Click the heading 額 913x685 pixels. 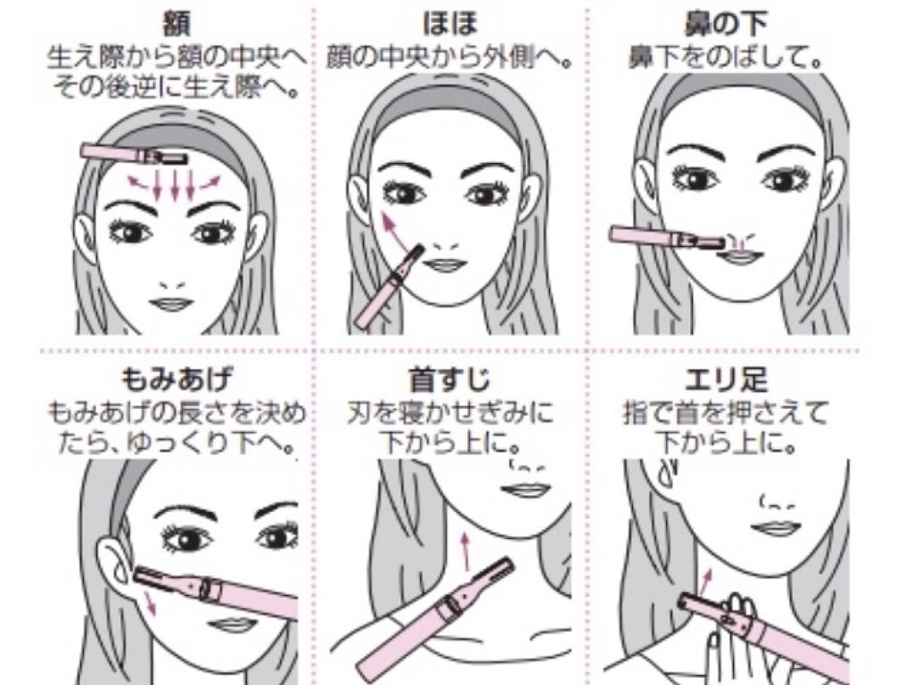pos(176,25)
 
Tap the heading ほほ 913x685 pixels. pos(450,24)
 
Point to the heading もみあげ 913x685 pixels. pos(176,380)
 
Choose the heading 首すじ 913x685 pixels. pos(449,380)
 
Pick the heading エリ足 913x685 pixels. pos(726,380)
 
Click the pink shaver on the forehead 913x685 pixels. pos(135,153)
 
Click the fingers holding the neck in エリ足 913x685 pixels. pos(734,628)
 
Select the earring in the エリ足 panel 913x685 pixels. pos(669,472)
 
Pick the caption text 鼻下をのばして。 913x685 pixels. pos(726,58)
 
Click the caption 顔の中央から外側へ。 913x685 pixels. pos(448,58)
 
